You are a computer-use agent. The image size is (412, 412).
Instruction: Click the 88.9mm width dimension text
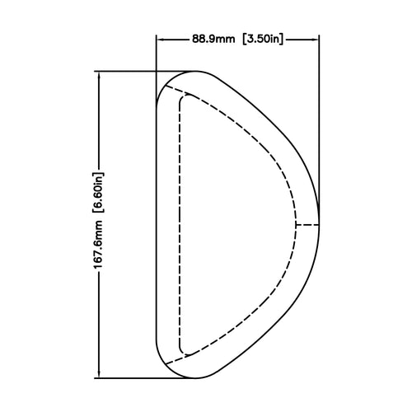(x=213, y=39)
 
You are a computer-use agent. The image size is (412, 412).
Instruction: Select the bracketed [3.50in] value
(x=263, y=39)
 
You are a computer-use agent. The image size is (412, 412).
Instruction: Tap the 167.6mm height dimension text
(x=98, y=245)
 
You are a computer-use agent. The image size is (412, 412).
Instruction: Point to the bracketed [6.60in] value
(x=98, y=193)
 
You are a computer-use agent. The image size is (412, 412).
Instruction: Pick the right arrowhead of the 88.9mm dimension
(x=315, y=40)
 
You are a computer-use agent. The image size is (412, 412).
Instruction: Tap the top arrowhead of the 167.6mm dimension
(x=99, y=76)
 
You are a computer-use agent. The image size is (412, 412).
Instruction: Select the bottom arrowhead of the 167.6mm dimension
(x=99, y=374)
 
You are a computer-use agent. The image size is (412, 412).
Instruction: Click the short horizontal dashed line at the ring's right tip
(x=307, y=225)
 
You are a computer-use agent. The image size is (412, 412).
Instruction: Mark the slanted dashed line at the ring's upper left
(x=178, y=91)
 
